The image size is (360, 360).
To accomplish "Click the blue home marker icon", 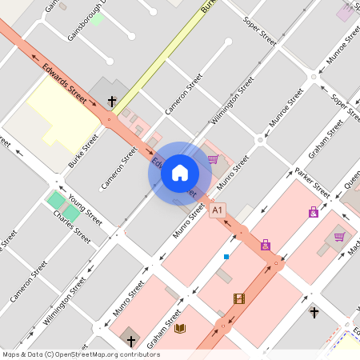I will [180, 172].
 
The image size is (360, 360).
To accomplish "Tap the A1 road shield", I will [218, 210].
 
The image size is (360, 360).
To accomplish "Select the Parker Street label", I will [312, 183].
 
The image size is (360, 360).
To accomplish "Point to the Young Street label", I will [85, 209].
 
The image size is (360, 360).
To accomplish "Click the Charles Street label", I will [72, 226].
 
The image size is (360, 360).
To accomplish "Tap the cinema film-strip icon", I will [238, 298].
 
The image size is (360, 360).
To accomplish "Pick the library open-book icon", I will [180, 328].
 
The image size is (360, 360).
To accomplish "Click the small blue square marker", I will [226, 256].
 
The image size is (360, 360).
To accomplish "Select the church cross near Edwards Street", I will [112, 102].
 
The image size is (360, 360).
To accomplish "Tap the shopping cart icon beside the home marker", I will [213, 159].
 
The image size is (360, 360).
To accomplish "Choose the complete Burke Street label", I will [83, 150].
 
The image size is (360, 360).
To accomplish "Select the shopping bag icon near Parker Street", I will [314, 212].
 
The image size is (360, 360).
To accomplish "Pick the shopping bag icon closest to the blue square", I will [266, 245].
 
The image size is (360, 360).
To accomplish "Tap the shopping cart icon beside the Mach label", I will [339, 236].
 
